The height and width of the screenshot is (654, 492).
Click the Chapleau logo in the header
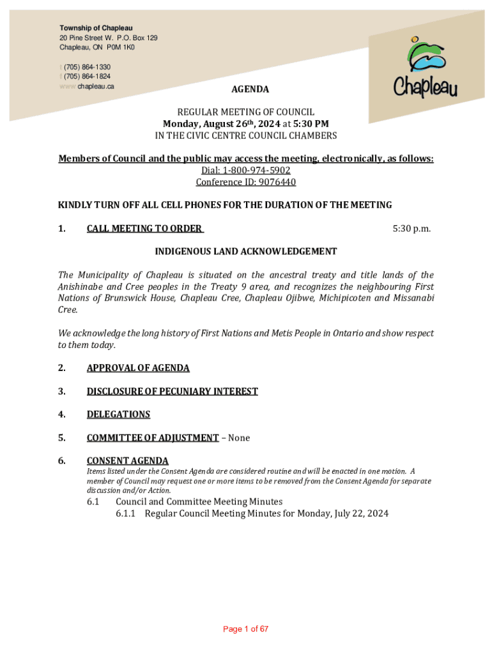(425, 71)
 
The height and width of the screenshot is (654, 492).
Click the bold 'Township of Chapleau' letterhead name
(96, 28)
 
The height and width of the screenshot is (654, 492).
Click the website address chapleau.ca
(96, 86)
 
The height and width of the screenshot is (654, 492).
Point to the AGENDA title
(245, 89)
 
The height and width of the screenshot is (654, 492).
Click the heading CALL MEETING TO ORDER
(144, 229)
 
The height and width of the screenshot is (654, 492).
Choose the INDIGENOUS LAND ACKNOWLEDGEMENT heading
(245, 252)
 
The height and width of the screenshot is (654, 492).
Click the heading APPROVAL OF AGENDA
(138, 368)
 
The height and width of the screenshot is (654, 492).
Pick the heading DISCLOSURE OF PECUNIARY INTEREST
(172, 391)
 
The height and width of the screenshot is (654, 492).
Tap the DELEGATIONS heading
(118, 414)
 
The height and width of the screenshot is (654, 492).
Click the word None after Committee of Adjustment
(239, 437)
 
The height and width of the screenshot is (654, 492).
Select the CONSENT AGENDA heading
(127, 460)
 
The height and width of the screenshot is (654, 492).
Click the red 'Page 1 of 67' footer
(245, 629)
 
